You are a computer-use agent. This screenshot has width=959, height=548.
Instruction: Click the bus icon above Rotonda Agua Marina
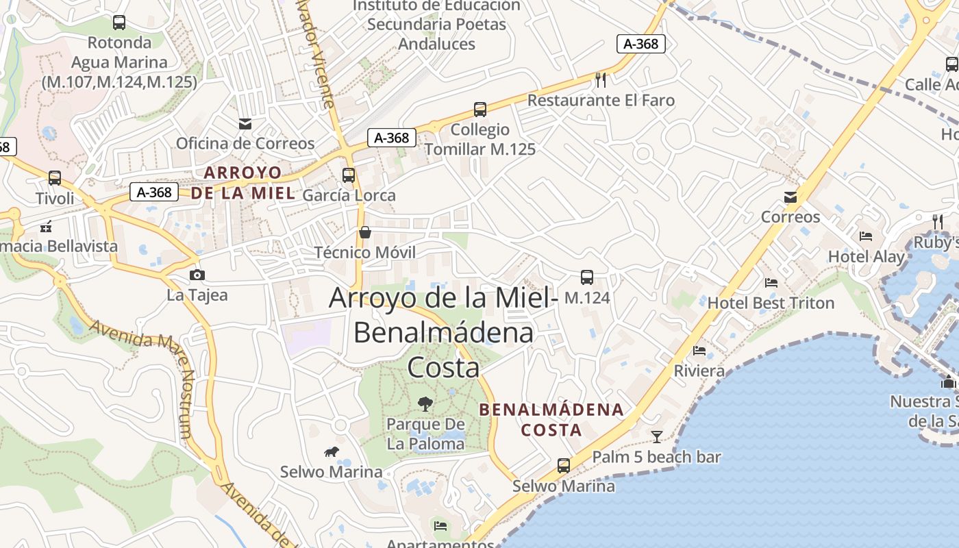(119, 23)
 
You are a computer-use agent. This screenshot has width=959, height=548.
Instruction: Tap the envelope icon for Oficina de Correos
(245, 124)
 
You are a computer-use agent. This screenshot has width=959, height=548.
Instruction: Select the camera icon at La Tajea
(197, 275)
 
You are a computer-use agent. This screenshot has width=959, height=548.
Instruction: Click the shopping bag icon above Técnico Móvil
(365, 232)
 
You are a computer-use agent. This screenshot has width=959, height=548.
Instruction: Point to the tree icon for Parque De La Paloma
(425, 404)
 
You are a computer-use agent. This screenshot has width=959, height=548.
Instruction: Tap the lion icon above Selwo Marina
(332, 451)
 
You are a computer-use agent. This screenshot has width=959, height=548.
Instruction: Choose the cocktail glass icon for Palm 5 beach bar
(657, 436)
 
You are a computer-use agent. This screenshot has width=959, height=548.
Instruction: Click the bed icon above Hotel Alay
(866, 236)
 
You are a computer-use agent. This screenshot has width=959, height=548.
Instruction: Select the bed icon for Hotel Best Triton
(771, 283)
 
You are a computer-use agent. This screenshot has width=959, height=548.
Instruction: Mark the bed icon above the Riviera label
(699, 351)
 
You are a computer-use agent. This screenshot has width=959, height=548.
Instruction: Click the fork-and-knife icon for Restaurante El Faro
(601, 80)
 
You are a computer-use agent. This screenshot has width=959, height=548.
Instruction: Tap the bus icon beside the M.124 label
(587, 277)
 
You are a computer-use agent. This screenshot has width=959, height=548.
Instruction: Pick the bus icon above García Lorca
(349, 175)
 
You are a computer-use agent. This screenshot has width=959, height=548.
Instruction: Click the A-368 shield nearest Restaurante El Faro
(641, 44)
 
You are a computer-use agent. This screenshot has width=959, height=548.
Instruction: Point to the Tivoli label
(55, 199)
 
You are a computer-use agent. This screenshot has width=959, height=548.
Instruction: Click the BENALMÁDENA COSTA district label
(551, 420)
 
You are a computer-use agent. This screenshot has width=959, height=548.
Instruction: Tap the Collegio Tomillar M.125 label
(480, 139)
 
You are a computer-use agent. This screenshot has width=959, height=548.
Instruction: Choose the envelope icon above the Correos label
(790, 197)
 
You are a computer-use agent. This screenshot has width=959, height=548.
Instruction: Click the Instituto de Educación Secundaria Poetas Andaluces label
(437, 25)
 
